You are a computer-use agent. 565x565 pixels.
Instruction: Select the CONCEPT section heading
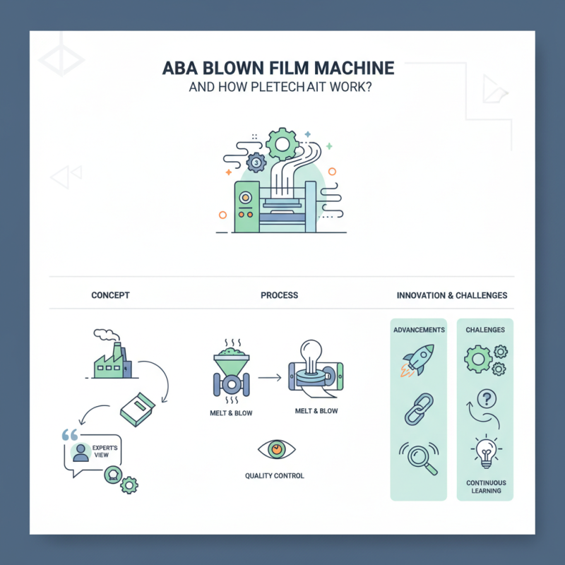pos(110,295)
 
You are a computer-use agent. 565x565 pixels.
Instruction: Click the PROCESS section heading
pos(279,295)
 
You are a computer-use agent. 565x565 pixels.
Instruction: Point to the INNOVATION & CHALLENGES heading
pos(452,295)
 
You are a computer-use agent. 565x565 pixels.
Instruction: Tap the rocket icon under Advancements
pos(418,360)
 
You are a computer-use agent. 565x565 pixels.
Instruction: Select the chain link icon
pos(418,409)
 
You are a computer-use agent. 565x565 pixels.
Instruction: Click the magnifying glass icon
pos(419,456)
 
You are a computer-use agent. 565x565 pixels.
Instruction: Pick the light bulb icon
pos(486,453)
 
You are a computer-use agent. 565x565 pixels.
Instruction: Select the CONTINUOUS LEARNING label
pos(486,487)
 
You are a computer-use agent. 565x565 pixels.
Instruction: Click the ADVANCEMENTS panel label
pos(419,330)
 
